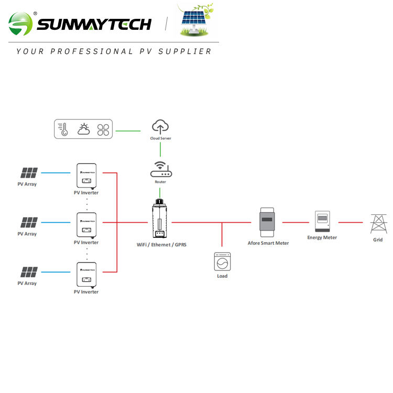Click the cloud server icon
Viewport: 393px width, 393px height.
[160, 126]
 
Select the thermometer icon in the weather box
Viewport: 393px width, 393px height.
[64, 129]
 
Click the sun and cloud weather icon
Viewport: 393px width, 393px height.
[84, 129]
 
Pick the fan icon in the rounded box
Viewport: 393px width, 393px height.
[103, 129]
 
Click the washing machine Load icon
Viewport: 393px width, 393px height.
[222, 261]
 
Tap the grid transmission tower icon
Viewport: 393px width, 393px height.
[378, 224]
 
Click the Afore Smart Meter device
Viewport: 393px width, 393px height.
[268, 222]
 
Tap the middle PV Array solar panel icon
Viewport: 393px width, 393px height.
[29, 222]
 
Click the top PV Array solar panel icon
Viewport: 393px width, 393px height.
[29, 173]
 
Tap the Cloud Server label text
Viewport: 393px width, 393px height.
[160, 138]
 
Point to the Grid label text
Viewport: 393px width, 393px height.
[378, 240]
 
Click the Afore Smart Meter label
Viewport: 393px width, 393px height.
[268, 243]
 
